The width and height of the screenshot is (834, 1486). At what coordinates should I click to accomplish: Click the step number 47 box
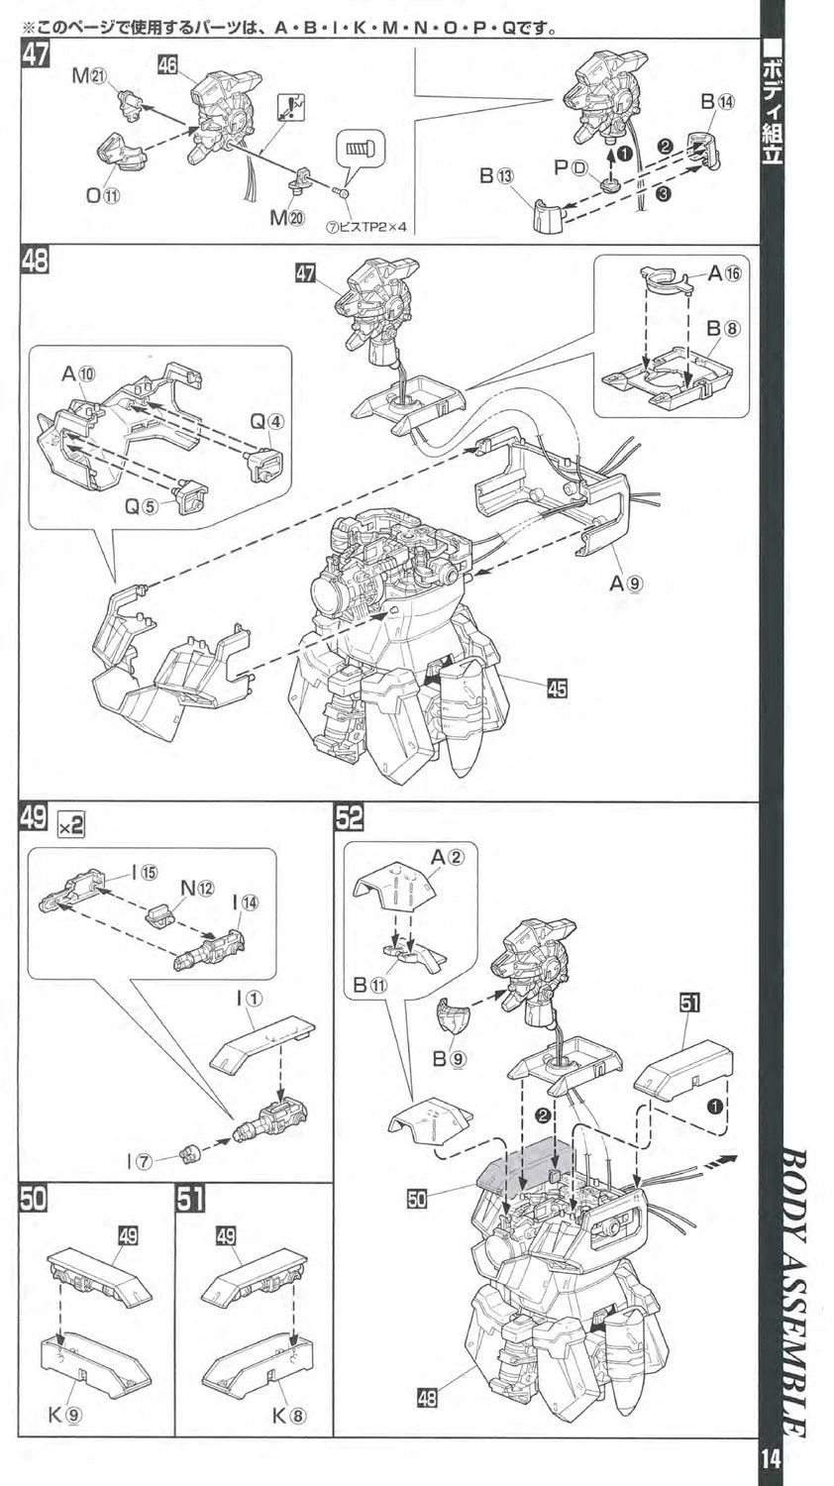point(34,55)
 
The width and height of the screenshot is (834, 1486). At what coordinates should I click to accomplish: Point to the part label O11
point(102,195)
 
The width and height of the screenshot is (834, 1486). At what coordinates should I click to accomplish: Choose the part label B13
point(497,175)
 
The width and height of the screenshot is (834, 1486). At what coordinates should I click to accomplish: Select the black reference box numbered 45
point(557,687)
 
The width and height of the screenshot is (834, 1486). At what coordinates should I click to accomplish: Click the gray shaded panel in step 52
point(525,1164)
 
